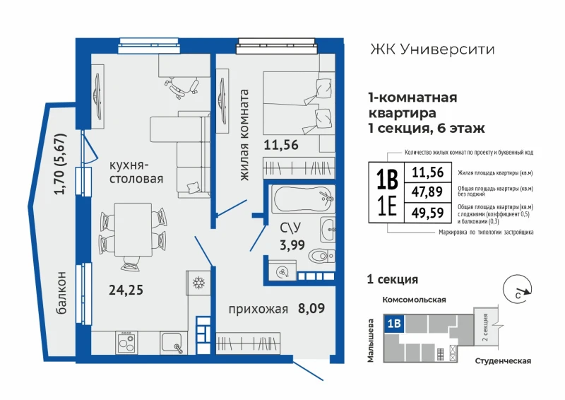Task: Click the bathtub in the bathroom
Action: (x=303, y=199)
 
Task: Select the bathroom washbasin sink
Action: (x=328, y=229)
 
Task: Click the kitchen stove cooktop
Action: (x=126, y=342)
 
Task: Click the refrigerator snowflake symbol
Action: (x=198, y=283)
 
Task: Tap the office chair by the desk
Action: (x=182, y=86)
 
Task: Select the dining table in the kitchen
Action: (x=133, y=230)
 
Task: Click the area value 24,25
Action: (x=126, y=290)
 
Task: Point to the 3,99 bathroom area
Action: (x=292, y=245)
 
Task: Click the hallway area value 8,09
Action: (x=311, y=308)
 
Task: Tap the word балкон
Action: (x=61, y=293)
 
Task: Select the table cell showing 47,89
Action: (x=427, y=192)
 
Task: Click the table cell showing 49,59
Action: (x=427, y=213)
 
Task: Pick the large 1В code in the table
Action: (x=386, y=180)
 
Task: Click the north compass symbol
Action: (x=518, y=289)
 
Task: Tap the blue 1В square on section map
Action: (x=395, y=324)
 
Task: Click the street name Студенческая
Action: (x=503, y=361)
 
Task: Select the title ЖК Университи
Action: (x=432, y=49)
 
